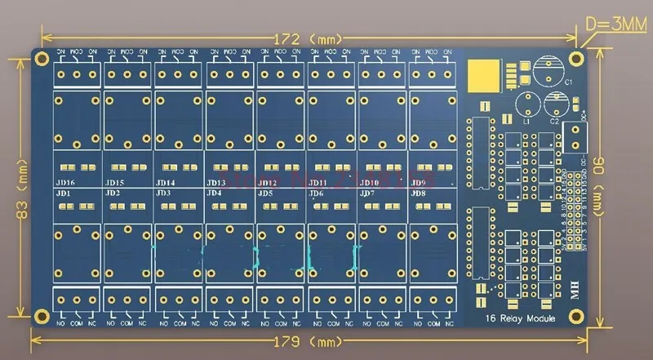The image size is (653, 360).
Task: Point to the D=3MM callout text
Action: coord(616,25)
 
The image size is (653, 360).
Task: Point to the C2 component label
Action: coord(554,121)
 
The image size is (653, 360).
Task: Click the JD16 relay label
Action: coord(65,183)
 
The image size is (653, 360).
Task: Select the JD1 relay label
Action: coord(63,193)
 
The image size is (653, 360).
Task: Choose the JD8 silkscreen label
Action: coord(418,193)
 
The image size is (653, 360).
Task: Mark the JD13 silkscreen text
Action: coord(216,183)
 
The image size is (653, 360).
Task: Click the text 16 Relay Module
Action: coord(519,318)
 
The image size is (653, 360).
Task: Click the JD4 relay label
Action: coord(215,193)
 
